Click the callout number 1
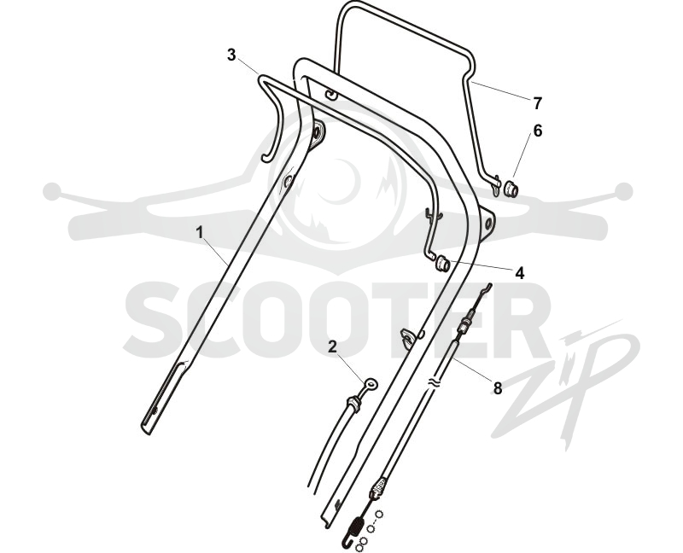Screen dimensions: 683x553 [200, 233]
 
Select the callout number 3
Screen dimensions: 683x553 [231, 55]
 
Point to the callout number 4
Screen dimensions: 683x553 [519, 273]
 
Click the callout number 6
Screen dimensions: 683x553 [538, 131]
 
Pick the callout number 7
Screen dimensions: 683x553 [538, 103]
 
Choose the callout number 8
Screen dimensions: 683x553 [497, 387]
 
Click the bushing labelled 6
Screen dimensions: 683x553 [511, 189]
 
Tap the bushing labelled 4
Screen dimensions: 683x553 [442, 263]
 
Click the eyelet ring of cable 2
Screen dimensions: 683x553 [371, 384]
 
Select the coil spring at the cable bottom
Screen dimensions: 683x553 [356, 527]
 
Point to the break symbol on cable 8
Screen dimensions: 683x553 [434, 384]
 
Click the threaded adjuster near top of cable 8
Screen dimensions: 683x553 [464, 323]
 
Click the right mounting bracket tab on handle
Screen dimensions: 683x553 [487, 224]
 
